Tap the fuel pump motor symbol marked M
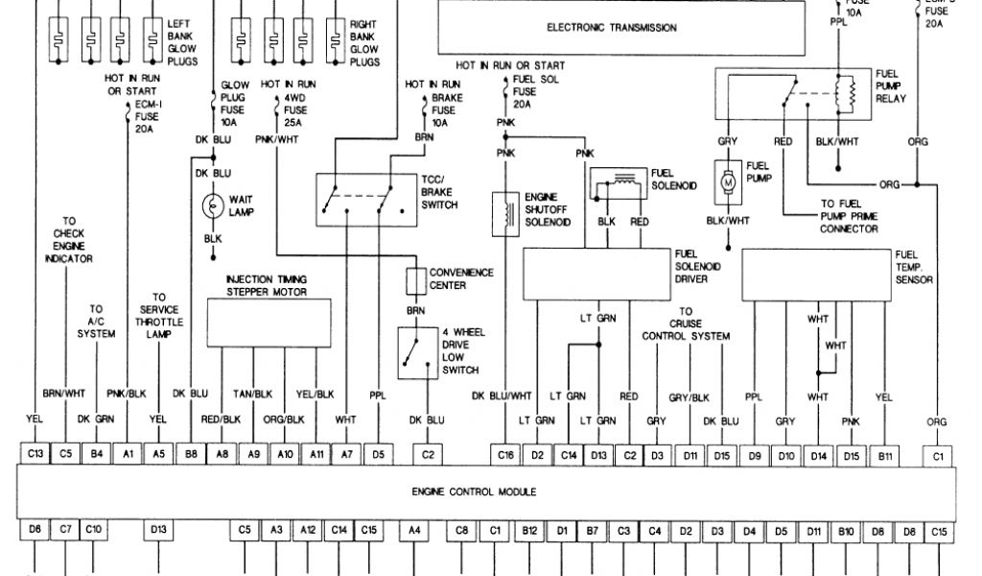click(x=726, y=180)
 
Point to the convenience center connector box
click(x=415, y=280)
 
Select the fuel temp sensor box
click(x=815, y=274)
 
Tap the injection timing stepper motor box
click(x=269, y=322)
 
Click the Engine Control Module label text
click(x=474, y=492)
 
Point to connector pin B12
click(x=529, y=530)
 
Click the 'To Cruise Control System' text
click(x=686, y=324)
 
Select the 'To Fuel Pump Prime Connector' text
click(x=848, y=216)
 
